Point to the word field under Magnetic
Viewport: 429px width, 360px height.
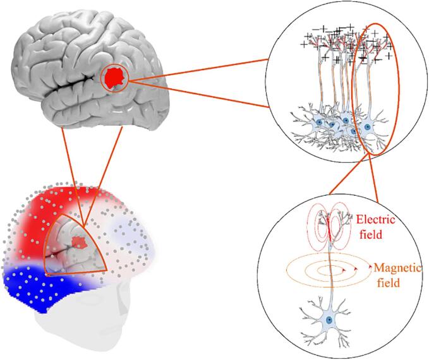386,283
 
